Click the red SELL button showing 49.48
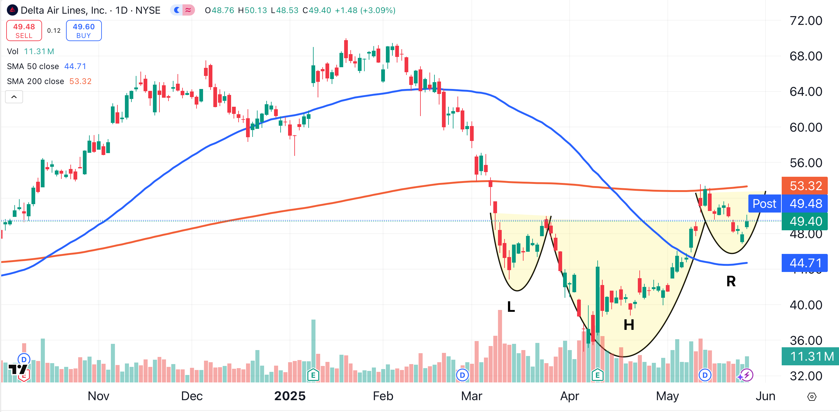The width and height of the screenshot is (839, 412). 24,30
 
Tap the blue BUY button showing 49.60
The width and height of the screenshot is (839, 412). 84,30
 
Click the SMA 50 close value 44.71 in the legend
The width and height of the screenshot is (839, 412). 75,66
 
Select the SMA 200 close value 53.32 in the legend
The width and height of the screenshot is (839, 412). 80,81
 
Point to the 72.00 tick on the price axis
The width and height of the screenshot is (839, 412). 805,21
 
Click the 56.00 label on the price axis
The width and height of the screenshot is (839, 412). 805,163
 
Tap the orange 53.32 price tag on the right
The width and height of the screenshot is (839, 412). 805,186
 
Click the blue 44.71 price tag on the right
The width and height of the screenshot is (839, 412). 805,263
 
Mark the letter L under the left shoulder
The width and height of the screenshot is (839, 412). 511,307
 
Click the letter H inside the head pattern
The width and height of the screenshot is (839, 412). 628,325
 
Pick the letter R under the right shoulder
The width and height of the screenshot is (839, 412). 731,282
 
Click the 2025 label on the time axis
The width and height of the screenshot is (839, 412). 290,396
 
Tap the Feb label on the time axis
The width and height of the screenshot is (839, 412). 383,396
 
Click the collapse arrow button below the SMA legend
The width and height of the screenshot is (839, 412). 14,97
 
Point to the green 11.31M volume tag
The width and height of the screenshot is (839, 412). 810,356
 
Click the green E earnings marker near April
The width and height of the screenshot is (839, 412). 597,375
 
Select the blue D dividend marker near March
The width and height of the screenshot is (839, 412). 462,375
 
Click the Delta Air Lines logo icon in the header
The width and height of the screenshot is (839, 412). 12,10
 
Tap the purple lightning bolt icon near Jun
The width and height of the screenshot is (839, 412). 747,375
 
